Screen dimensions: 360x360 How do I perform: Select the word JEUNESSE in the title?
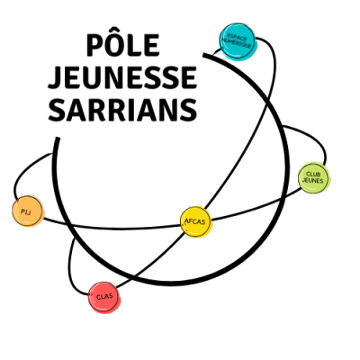(x=122, y=77)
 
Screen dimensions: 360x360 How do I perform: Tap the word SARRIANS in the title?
(x=122, y=110)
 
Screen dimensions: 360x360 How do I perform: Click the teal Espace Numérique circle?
(x=238, y=41)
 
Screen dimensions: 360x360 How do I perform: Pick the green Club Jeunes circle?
(x=314, y=178)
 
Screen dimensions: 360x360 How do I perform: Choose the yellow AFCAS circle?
(x=196, y=222)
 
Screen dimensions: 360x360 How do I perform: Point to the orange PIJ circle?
(x=28, y=211)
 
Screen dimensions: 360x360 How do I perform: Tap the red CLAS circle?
(x=104, y=298)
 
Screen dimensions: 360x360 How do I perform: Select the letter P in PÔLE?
(x=94, y=45)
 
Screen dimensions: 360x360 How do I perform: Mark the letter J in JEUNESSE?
(x=55, y=78)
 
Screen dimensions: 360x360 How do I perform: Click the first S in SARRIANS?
(x=56, y=111)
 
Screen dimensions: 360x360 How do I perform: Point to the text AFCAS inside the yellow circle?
(x=195, y=221)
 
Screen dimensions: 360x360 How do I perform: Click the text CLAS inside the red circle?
(x=104, y=297)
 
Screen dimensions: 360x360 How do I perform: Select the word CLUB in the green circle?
(x=313, y=175)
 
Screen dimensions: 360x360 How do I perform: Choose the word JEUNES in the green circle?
(x=313, y=181)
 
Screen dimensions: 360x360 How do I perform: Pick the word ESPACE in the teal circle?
(x=238, y=37)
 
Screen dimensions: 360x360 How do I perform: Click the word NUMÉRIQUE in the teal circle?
(x=238, y=43)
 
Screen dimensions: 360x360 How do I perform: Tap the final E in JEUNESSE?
(x=189, y=78)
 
